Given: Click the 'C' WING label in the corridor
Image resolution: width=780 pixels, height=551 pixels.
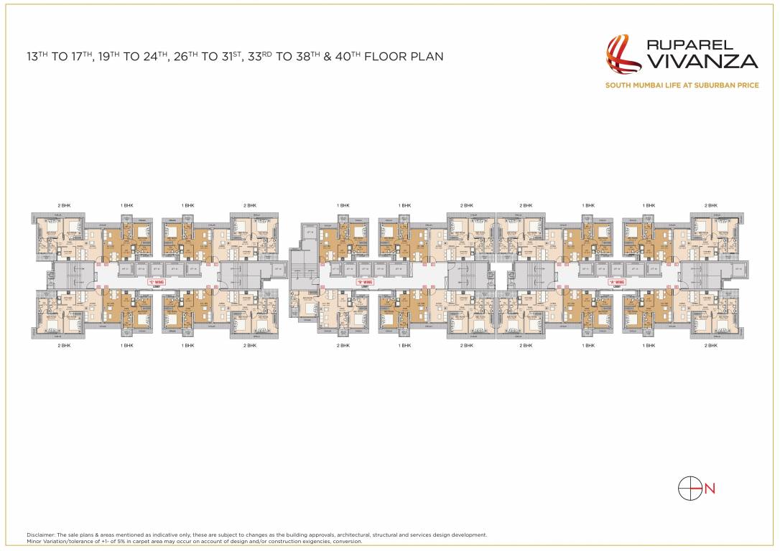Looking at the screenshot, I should pos(152,282).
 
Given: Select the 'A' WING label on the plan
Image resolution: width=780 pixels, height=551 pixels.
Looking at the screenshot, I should pos(616,282).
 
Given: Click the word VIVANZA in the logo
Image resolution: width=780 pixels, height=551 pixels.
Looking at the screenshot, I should pos(700,62).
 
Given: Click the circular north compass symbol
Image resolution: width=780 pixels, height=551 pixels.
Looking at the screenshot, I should pos(690,488).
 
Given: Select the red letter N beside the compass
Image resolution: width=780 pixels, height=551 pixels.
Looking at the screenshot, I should pos(710,489).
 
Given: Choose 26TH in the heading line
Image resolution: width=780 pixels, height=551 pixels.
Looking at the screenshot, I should pos(184,56).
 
